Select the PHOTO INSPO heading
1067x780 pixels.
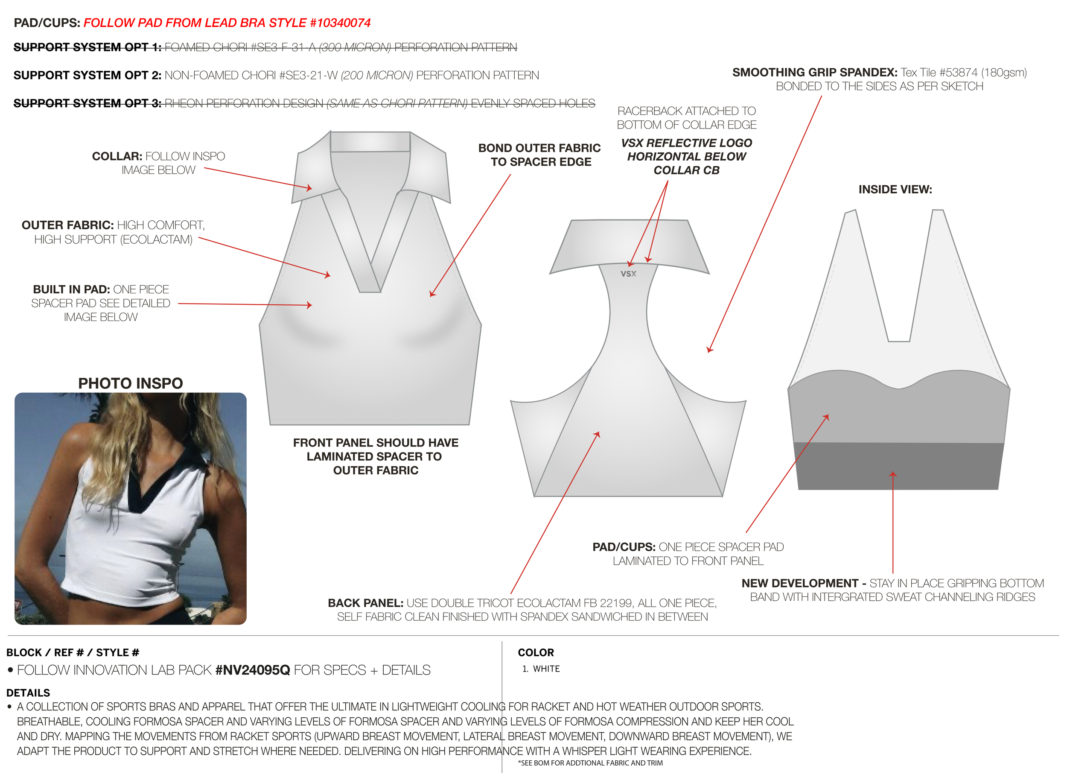tap(131, 383)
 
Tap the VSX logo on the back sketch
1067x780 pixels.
tap(628, 274)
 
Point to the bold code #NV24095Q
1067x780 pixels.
tap(253, 670)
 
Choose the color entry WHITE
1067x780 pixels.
tap(546, 669)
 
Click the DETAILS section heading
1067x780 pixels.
tap(28, 692)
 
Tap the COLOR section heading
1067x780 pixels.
tap(536, 652)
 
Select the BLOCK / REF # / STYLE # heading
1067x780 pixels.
tap(73, 652)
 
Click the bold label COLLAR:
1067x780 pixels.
tap(117, 156)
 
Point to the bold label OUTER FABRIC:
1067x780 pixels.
tap(68, 225)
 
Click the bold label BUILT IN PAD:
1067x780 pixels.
tap(71, 289)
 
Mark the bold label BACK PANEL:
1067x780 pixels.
tap(366, 603)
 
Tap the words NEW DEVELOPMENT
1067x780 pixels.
tap(800, 583)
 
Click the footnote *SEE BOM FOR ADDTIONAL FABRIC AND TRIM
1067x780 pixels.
tap(590, 763)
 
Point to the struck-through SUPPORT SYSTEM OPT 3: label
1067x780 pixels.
tap(87, 103)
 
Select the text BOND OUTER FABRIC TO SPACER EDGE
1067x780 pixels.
tap(540, 155)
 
